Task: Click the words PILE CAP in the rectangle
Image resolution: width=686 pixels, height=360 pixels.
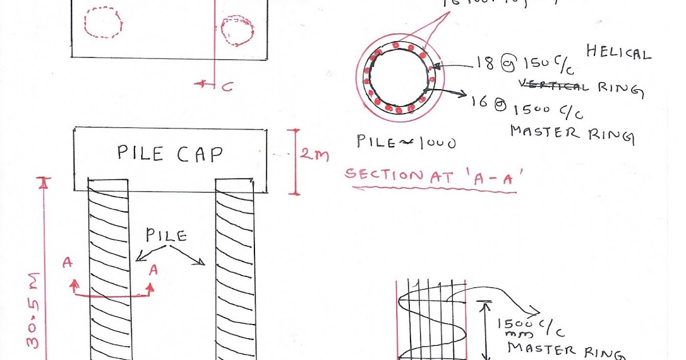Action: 170,153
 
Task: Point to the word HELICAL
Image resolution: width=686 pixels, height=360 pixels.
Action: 619,53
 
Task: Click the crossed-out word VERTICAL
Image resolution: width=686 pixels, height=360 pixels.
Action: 552,86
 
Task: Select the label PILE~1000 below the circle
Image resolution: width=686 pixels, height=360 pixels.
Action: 406,141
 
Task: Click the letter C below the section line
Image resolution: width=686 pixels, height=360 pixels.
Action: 227,87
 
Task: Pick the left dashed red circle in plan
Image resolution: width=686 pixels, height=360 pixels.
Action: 103,22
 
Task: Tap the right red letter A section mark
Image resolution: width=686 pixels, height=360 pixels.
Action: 153,271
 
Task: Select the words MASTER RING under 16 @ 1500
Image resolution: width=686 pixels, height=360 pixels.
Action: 572,134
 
